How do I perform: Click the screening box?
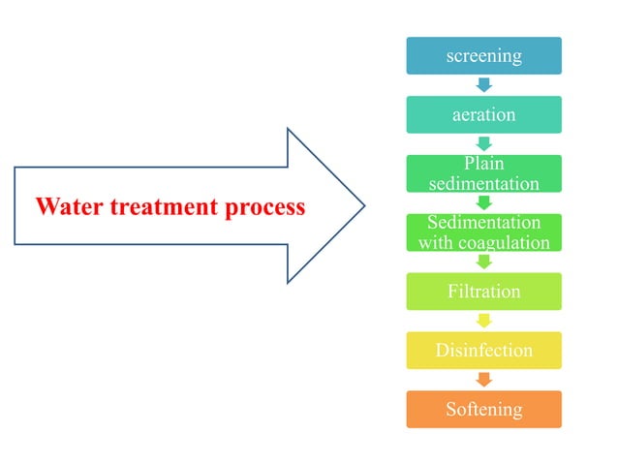483,56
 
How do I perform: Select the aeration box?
483,115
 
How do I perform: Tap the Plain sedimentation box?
483,173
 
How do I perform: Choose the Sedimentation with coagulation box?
483,232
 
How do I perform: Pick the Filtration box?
483,292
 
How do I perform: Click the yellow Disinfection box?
483,350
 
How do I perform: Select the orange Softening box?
483,409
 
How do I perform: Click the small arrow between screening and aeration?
483,86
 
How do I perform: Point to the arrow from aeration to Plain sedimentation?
483,144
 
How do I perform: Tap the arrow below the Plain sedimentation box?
483,203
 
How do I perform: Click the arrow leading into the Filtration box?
483,262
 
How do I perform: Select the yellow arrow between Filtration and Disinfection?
483,321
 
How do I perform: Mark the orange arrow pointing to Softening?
483,380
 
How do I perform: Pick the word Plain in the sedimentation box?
483,164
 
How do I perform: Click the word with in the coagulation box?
436,242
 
